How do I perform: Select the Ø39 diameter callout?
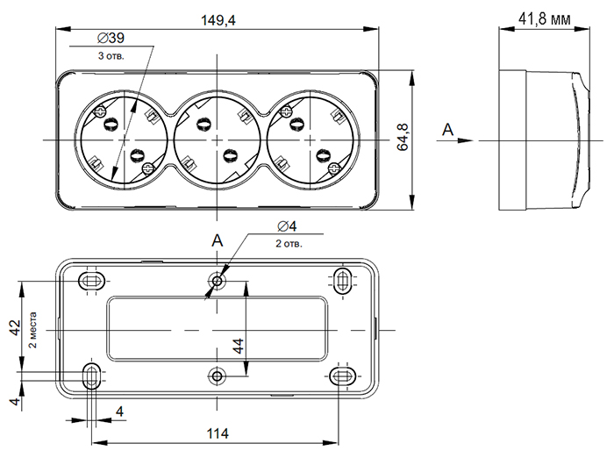click(110, 39)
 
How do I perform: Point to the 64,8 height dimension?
click(403, 140)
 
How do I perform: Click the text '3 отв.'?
click(111, 55)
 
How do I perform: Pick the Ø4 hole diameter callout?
click(286, 227)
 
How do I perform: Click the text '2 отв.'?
click(289, 243)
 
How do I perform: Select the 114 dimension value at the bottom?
click(218, 434)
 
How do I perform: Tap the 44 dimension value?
click(238, 345)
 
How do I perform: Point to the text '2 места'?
click(33, 330)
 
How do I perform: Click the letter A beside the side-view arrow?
click(447, 131)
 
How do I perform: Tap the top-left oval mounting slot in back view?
click(92, 280)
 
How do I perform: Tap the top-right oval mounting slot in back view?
click(342, 280)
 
